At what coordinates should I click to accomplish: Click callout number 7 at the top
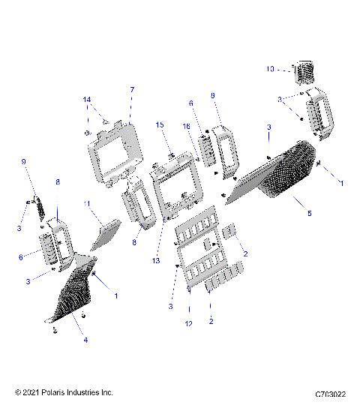pos(132,90)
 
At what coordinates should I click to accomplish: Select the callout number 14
pos(87,100)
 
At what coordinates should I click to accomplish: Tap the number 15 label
pos(159,124)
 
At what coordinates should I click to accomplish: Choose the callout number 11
pos(87,203)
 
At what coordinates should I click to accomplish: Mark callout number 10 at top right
pos(270,68)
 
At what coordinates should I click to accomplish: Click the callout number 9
pos(23,161)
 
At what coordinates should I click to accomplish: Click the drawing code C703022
pos(330,393)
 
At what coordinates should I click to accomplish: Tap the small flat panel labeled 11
pos(105,234)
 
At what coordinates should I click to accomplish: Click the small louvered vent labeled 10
pos(304,73)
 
